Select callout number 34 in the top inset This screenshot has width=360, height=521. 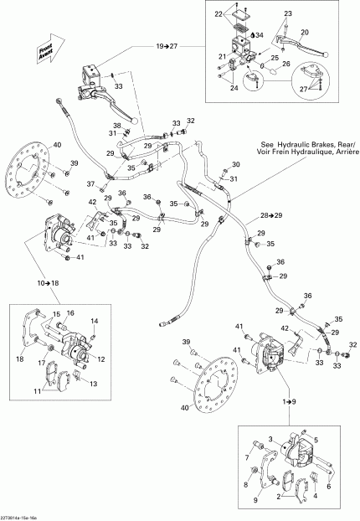point(260,35)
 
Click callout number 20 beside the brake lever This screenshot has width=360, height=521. point(305,32)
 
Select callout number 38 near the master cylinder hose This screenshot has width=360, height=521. point(117,126)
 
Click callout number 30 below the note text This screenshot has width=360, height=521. point(235,164)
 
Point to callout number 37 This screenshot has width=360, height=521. point(92,183)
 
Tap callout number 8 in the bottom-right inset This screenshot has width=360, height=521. point(244,484)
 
